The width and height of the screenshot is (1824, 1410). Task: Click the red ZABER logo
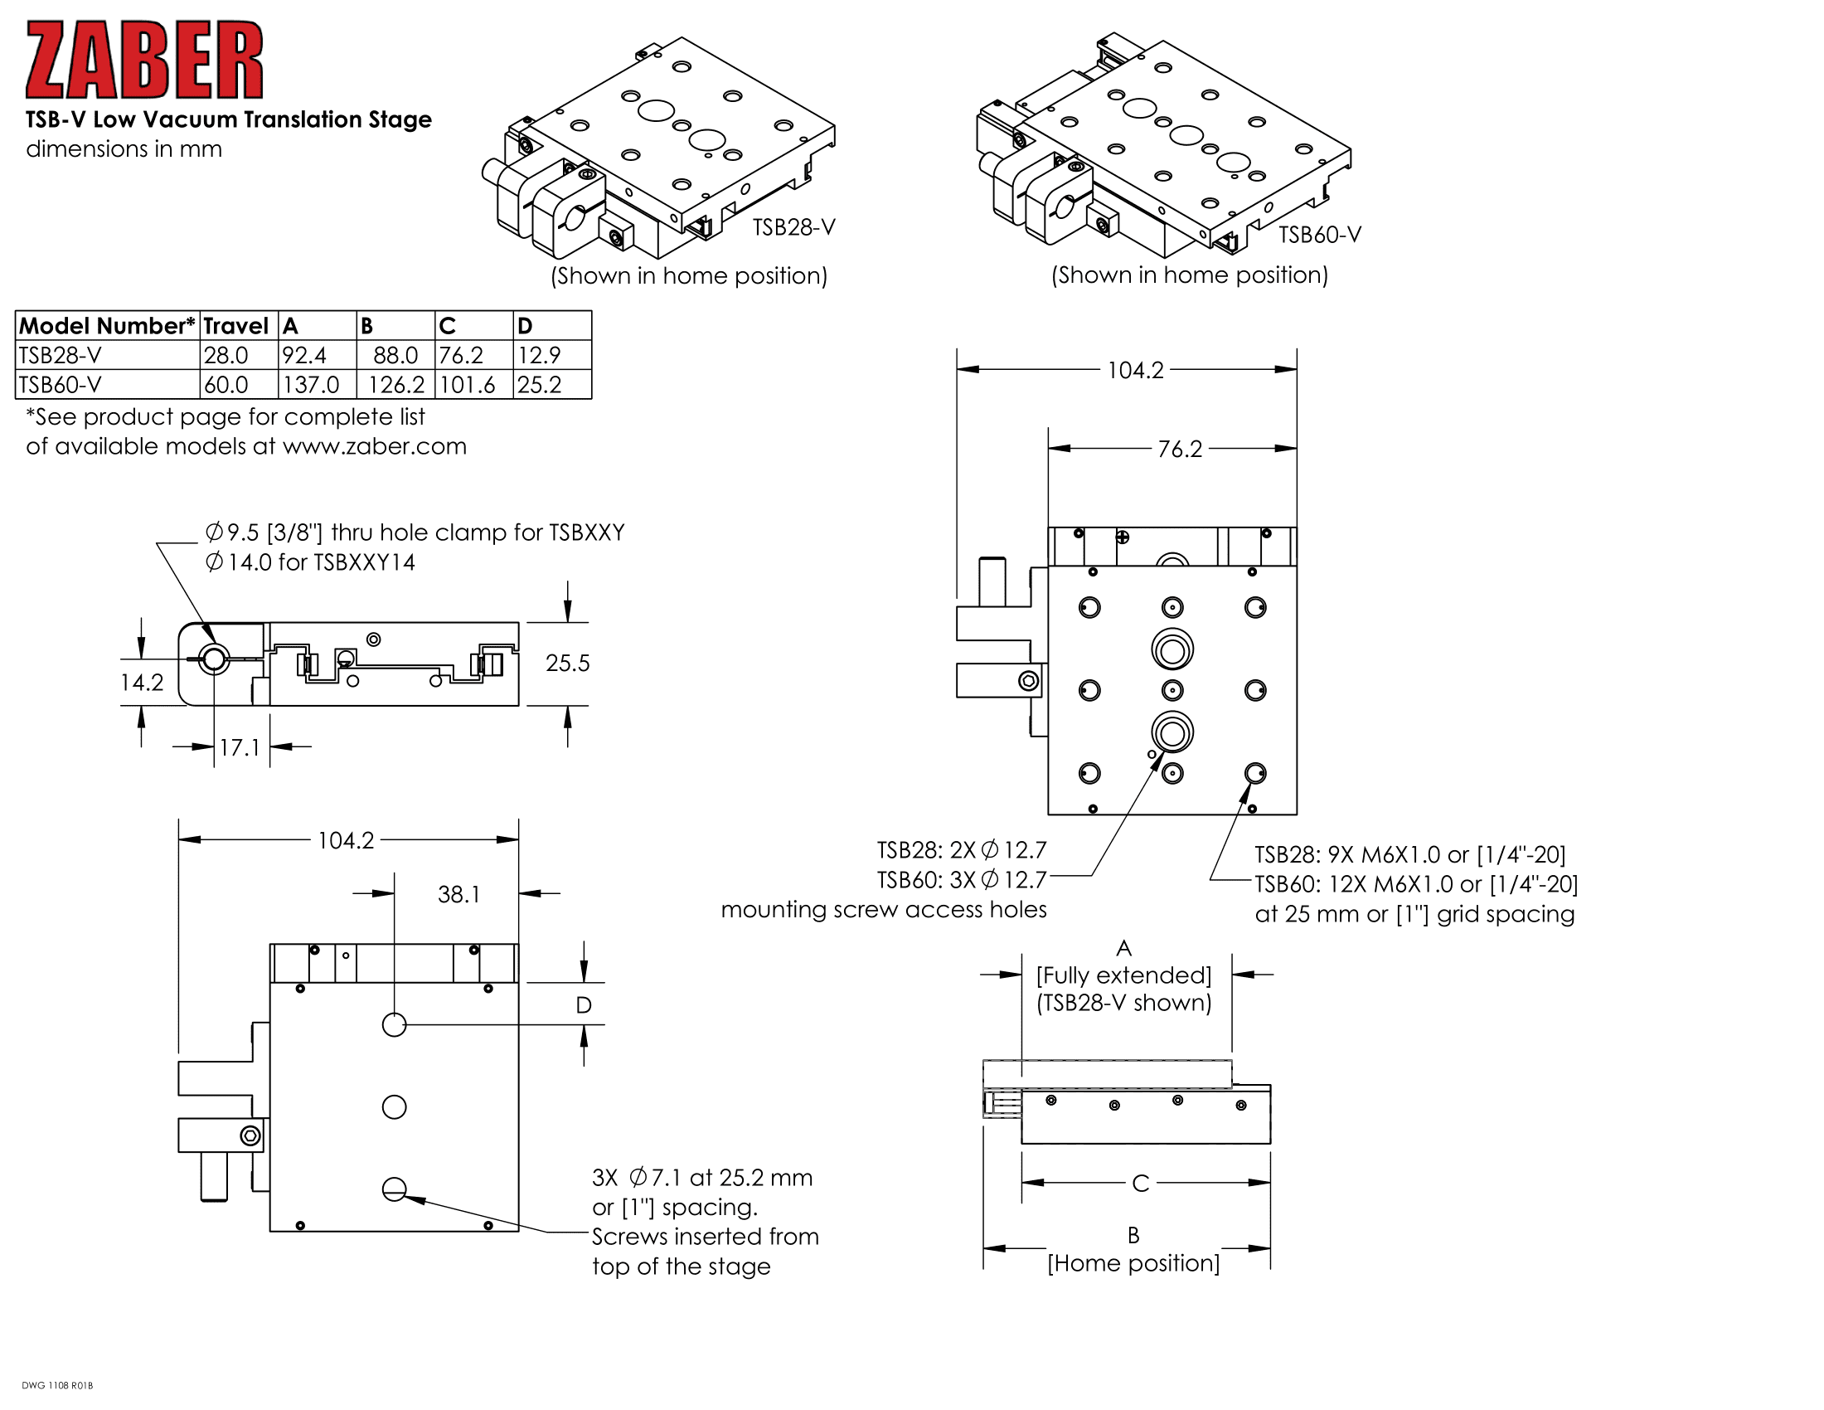(143, 61)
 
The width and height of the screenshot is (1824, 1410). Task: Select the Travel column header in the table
(235, 326)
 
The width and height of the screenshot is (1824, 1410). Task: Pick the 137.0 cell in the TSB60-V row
(311, 385)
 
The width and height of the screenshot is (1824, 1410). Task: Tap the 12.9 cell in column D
(539, 355)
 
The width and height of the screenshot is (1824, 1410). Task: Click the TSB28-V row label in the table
(61, 355)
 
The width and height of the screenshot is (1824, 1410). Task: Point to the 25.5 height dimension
(567, 664)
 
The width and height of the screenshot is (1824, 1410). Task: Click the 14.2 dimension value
(141, 683)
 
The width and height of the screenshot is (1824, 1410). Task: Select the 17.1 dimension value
(239, 747)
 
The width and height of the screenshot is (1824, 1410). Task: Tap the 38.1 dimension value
(458, 895)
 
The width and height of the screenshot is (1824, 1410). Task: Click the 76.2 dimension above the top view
(1179, 450)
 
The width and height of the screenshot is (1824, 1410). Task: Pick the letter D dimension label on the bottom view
(584, 1005)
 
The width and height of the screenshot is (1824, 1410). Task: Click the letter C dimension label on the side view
(1140, 1184)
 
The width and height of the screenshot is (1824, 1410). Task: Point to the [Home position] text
(1133, 1263)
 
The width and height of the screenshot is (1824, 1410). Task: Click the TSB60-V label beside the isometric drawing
(1320, 235)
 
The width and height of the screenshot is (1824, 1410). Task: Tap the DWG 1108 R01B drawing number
(56, 1386)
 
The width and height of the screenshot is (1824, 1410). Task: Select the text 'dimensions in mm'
(124, 148)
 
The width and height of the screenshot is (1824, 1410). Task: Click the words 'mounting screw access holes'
(883, 910)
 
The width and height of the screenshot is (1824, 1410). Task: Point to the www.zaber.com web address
(374, 446)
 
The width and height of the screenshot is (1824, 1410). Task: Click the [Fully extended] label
(1123, 975)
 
